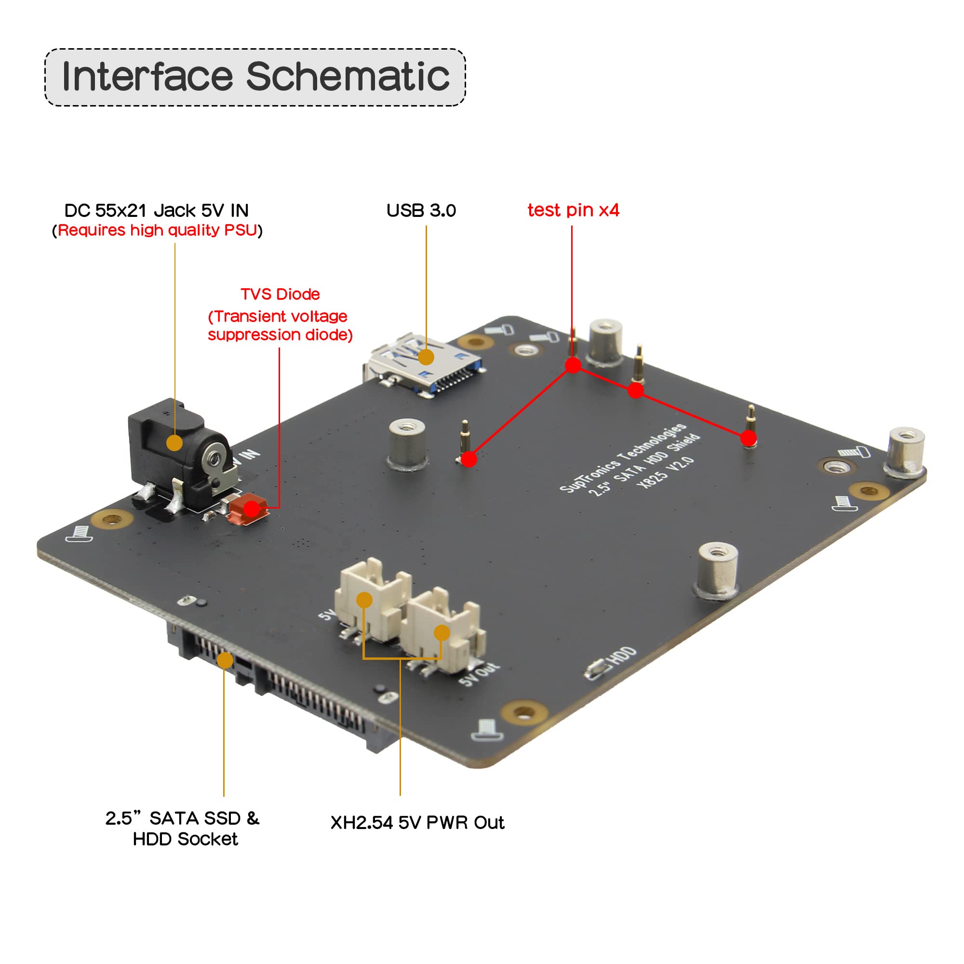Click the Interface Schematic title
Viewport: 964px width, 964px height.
click(x=255, y=77)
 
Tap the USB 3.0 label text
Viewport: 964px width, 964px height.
click(x=421, y=211)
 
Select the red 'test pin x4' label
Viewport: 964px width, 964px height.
click(x=573, y=210)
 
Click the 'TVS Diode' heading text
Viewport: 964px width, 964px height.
click(x=280, y=294)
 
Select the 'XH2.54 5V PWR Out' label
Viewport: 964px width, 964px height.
click(x=417, y=822)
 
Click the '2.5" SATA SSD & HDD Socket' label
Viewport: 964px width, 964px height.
click(x=183, y=828)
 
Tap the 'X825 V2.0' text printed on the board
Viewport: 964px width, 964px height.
click(x=666, y=472)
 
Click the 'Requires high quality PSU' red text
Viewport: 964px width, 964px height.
click(x=157, y=230)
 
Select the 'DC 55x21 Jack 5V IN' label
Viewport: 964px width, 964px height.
click(x=156, y=211)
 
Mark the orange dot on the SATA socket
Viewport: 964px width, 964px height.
click(x=225, y=660)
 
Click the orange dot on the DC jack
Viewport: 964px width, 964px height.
click(x=174, y=442)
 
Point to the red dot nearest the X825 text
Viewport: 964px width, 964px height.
click(x=748, y=438)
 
